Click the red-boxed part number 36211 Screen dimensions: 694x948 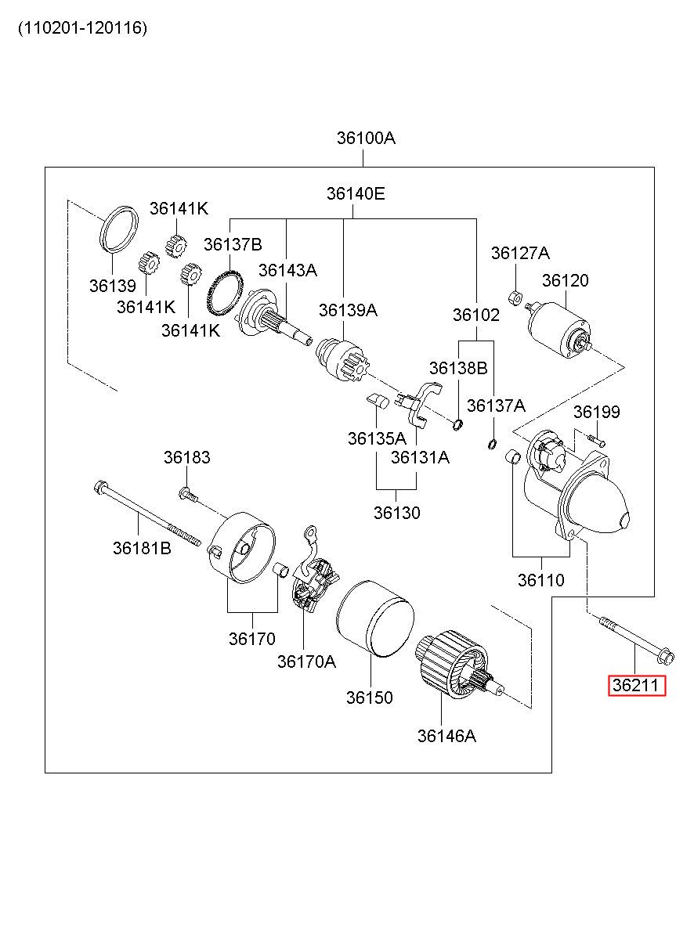coord(636,685)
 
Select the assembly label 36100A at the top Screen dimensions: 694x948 coord(366,138)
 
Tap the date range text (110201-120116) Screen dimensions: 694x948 coord(82,28)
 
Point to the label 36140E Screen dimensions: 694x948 coord(356,193)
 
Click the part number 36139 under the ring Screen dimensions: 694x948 coord(113,286)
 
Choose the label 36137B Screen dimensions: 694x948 coord(233,244)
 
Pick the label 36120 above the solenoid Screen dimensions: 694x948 coord(566,280)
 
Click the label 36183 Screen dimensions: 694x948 coord(186,457)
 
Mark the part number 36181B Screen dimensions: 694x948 coord(142,548)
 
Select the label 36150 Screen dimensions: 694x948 coord(369,697)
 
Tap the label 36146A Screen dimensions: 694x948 coord(446,736)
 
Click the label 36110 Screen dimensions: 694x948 coord(541,580)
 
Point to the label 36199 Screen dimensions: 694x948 coord(597,412)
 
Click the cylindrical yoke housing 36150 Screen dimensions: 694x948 coord(375,618)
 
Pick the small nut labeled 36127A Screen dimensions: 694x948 coord(515,297)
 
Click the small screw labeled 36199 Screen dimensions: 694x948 coord(597,441)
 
